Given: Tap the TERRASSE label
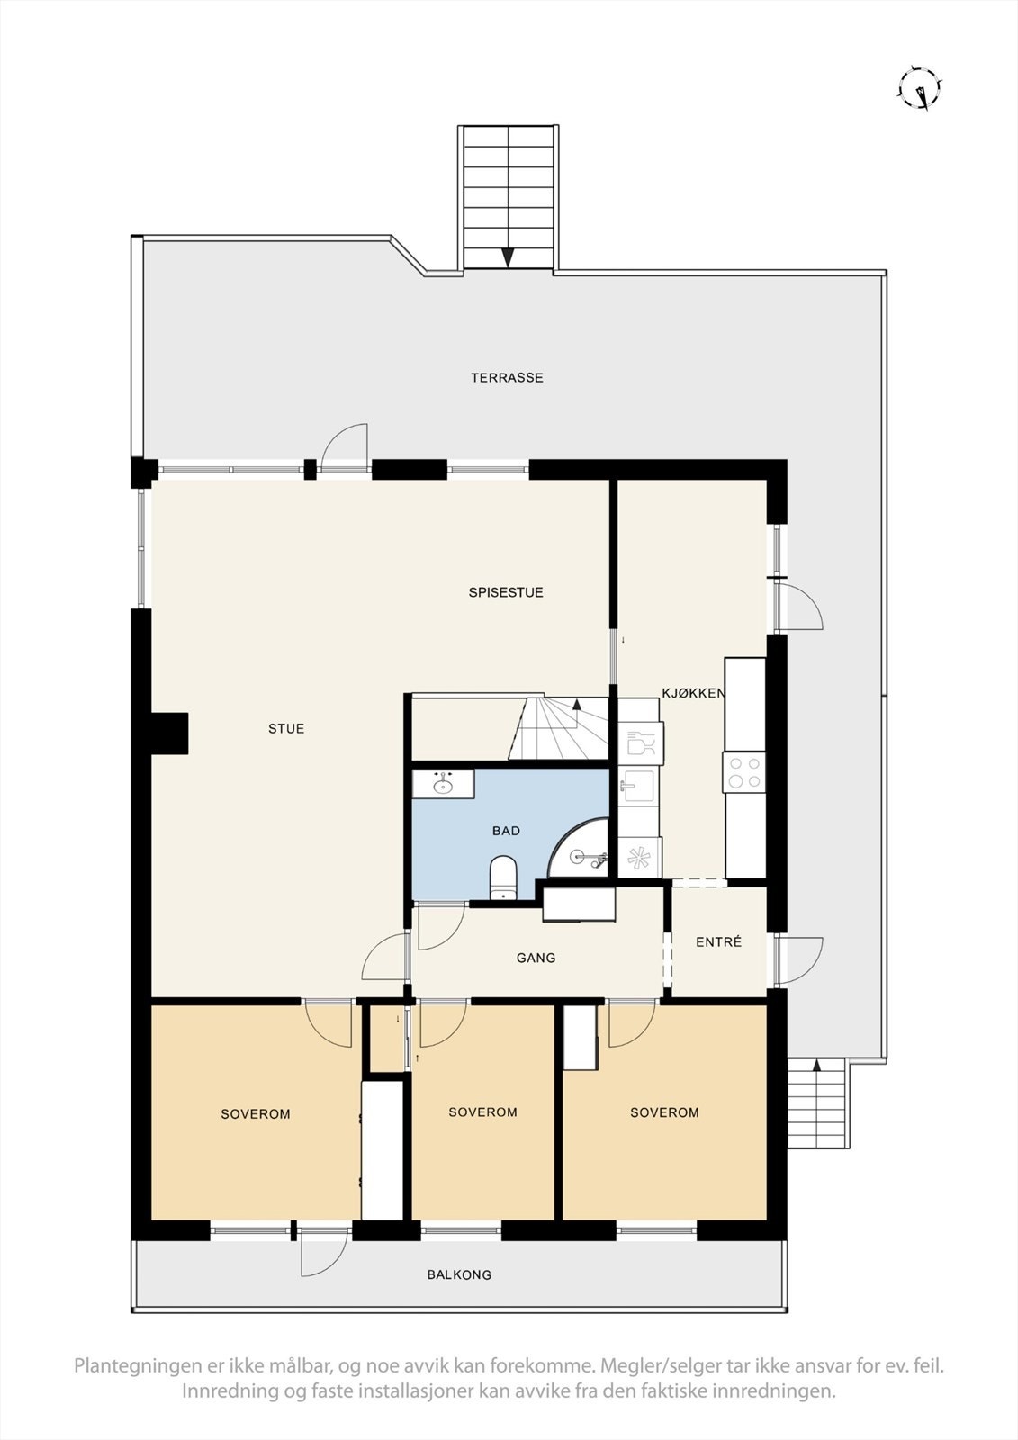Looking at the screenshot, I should [x=507, y=378].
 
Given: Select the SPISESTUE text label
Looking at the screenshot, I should [x=505, y=593].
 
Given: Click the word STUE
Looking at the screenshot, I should [x=286, y=729].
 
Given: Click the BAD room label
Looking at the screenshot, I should [x=506, y=832].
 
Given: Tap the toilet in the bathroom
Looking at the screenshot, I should [x=502, y=878].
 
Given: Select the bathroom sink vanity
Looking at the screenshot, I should [x=443, y=784].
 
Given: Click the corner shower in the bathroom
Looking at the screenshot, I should [x=583, y=851].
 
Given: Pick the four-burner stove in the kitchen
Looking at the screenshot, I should [x=744, y=772].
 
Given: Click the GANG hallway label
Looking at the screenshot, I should [x=536, y=958].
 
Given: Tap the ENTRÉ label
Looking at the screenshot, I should [x=719, y=942].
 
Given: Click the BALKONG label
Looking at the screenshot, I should [x=459, y=1275].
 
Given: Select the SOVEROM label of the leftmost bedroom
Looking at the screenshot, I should [x=256, y=1114].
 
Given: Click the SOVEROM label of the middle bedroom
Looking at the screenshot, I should [x=482, y=1112].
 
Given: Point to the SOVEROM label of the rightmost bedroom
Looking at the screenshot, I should [x=664, y=1112].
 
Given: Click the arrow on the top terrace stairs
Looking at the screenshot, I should [x=508, y=256].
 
